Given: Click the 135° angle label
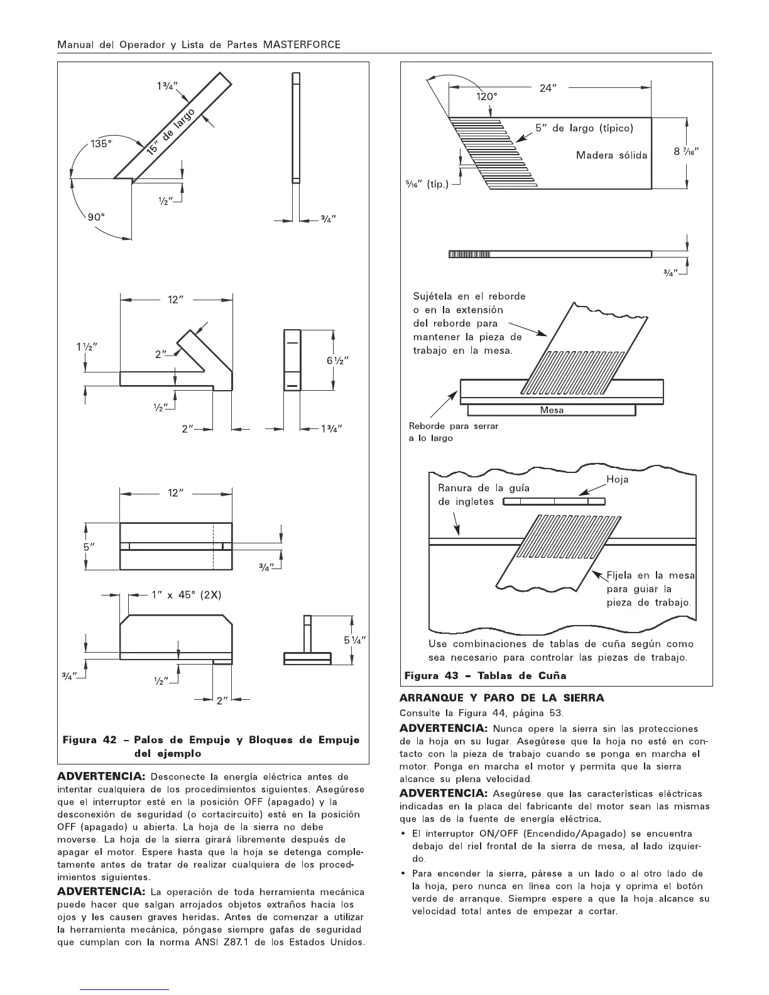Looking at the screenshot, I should click(101, 144).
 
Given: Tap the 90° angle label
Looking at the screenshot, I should click(95, 217).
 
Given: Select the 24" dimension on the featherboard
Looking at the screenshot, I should click(549, 89).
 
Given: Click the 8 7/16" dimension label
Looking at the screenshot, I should click(687, 151).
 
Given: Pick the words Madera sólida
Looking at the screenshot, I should click(611, 155).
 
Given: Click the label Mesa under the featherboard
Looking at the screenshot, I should click(552, 410).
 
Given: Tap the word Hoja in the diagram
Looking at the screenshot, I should click(618, 479).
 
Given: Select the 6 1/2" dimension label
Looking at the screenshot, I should click(337, 361).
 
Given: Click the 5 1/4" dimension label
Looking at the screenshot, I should click(354, 640).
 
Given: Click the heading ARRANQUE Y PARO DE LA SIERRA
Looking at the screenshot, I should click(502, 698).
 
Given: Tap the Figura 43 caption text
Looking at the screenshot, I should click(484, 676).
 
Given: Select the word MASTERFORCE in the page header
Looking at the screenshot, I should click(302, 45).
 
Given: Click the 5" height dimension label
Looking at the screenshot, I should click(89, 546).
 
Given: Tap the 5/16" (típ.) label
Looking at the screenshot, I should click(426, 185).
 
